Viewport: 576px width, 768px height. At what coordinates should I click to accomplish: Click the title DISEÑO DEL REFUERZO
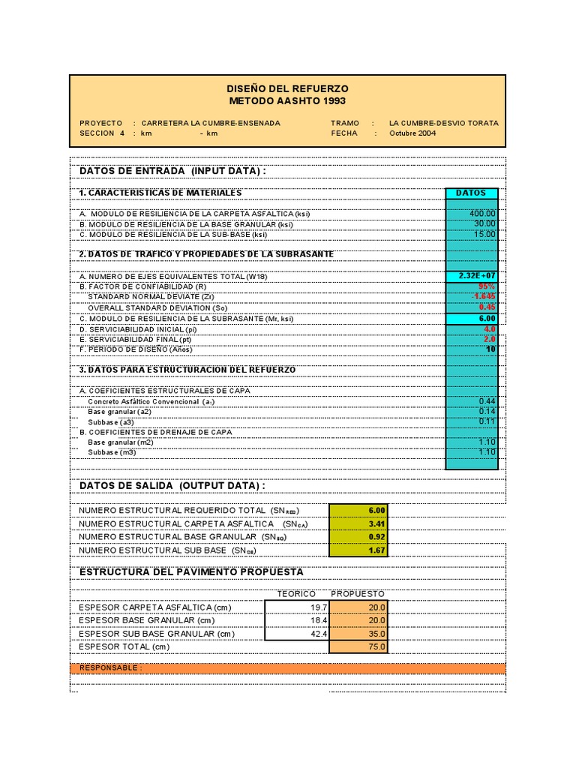(x=288, y=88)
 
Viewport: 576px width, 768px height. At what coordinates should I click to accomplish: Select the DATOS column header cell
(x=471, y=193)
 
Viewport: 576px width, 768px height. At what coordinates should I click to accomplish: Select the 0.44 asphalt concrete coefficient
(x=487, y=401)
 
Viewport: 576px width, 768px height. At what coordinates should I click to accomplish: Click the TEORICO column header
(x=296, y=593)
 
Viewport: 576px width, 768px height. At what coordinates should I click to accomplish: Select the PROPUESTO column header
(x=358, y=593)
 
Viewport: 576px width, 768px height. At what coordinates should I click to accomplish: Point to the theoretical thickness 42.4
(x=318, y=634)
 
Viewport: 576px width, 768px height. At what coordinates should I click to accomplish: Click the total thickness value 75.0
(x=376, y=646)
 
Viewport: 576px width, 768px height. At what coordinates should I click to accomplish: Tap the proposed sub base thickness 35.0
(x=376, y=634)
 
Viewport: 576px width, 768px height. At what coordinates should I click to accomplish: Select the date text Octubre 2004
(x=412, y=133)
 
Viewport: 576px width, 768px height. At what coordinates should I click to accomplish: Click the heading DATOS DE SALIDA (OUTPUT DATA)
(x=172, y=486)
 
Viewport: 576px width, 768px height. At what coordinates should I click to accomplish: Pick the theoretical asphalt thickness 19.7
(x=319, y=607)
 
